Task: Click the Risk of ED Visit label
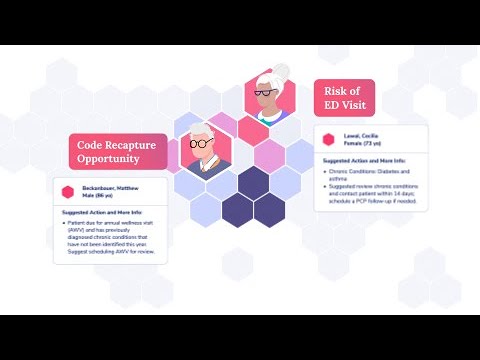(345, 97)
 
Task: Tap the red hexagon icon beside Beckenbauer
(66, 191)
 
